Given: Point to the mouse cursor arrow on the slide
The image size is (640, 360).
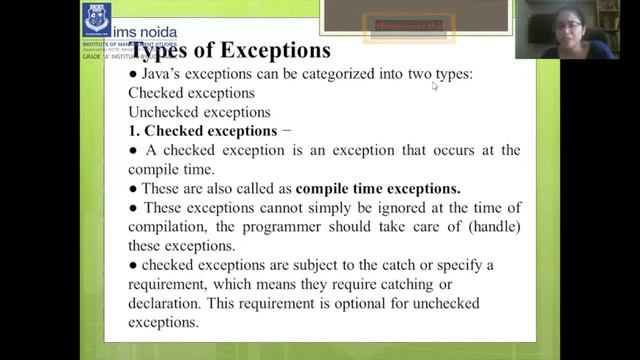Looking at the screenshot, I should [435, 86].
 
